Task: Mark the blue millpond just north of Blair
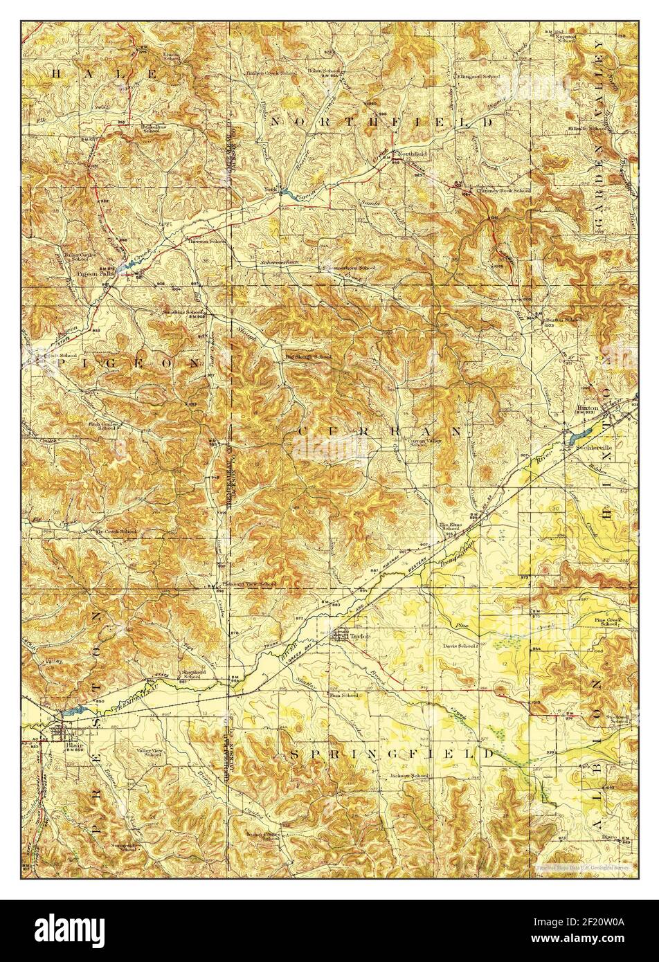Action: coord(71,710)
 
